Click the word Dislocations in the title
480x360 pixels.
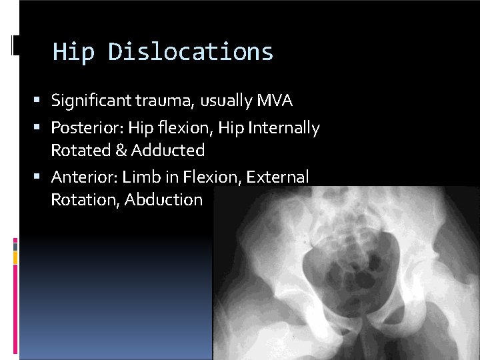[191, 52]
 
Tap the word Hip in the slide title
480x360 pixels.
[73, 52]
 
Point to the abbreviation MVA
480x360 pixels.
[274, 101]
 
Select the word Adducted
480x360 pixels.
[167, 150]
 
